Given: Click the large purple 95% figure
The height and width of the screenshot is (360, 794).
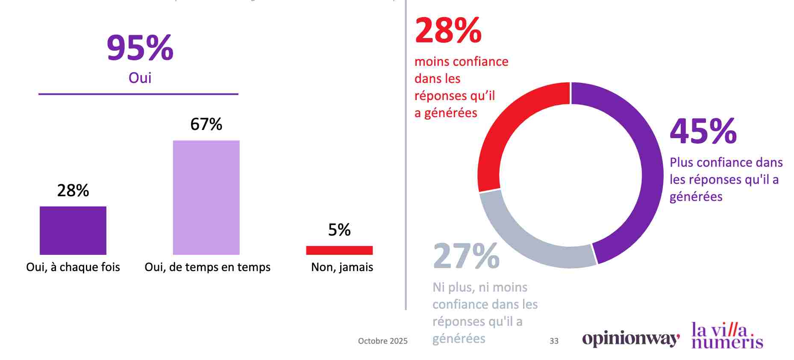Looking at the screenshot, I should [x=140, y=47].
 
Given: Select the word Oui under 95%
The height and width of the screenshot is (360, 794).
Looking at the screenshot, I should [x=140, y=78].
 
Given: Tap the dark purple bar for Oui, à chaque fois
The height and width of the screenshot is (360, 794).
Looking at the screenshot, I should [x=73, y=230].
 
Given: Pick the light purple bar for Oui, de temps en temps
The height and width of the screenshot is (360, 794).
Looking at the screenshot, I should [x=206, y=197].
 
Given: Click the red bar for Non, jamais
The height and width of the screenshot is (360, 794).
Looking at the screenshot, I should [x=339, y=250].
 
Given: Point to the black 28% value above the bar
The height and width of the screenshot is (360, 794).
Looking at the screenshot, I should [x=73, y=190].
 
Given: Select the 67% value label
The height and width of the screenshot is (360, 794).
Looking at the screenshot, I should [x=206, y=124].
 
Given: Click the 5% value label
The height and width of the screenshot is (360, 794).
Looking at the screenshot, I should [x=339, y=230].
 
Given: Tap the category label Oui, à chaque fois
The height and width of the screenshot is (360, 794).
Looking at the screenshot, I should [x=73, y=267].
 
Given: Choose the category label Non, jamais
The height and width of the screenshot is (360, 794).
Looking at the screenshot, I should [x=342, y=267].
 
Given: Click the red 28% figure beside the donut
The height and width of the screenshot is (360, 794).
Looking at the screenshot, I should [x=448, y=30].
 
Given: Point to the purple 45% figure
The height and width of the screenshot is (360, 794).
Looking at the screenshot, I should [x=703, y=131].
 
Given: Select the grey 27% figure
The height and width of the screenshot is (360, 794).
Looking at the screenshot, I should [x=466, y=256].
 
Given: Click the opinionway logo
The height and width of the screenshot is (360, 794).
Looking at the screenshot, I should [x=631, y=339].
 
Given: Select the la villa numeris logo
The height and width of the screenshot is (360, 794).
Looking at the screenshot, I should [x=727, y=336].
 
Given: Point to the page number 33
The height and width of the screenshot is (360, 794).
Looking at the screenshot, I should [x=554, y=341].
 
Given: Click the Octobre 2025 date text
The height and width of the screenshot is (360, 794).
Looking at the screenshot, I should [x=382, y=341].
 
